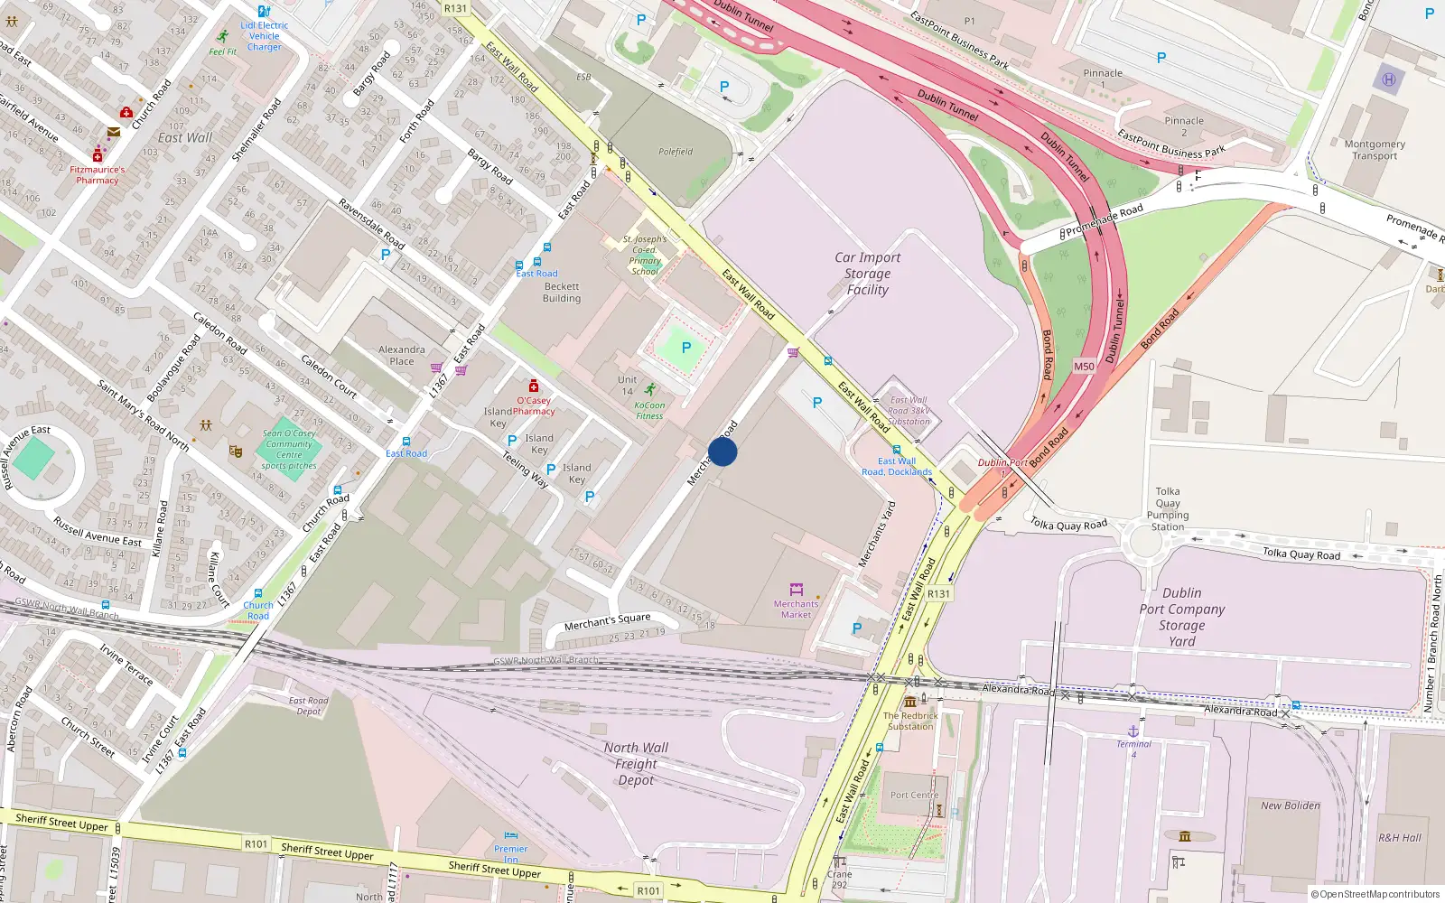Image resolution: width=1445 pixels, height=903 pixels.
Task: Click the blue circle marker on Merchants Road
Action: (722, 451)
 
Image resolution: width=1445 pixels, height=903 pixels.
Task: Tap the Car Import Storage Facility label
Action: (867, 274)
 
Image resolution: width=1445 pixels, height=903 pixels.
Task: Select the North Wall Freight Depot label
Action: (636, 764)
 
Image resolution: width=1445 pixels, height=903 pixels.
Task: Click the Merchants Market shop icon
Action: (796, 590)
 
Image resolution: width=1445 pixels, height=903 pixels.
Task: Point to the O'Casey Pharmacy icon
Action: (534, 386)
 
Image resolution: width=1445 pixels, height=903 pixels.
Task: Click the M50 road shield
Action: (1084, 367)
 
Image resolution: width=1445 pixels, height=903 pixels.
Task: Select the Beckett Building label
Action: (562, 293)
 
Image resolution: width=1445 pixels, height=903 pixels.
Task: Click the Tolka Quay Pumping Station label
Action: (1168, 509)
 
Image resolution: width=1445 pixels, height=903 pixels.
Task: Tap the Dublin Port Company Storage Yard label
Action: (1181, 617)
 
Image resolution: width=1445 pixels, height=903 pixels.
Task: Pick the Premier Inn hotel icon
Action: (511, 835)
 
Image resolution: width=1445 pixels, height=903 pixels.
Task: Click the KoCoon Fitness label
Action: (649, 411)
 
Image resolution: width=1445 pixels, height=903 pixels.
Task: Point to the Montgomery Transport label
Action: (1375, 150)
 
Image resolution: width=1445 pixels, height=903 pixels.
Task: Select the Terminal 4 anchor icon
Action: (1133, 731)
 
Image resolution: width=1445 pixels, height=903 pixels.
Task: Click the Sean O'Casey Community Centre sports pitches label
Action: (289, 450)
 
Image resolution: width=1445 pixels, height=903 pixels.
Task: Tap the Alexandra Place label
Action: (402, 355)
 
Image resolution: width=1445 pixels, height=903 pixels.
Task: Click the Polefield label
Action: (676, 152)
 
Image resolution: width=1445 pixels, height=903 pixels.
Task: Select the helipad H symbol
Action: (1389, 79)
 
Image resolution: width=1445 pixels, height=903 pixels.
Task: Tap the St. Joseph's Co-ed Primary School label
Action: (645, 256)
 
